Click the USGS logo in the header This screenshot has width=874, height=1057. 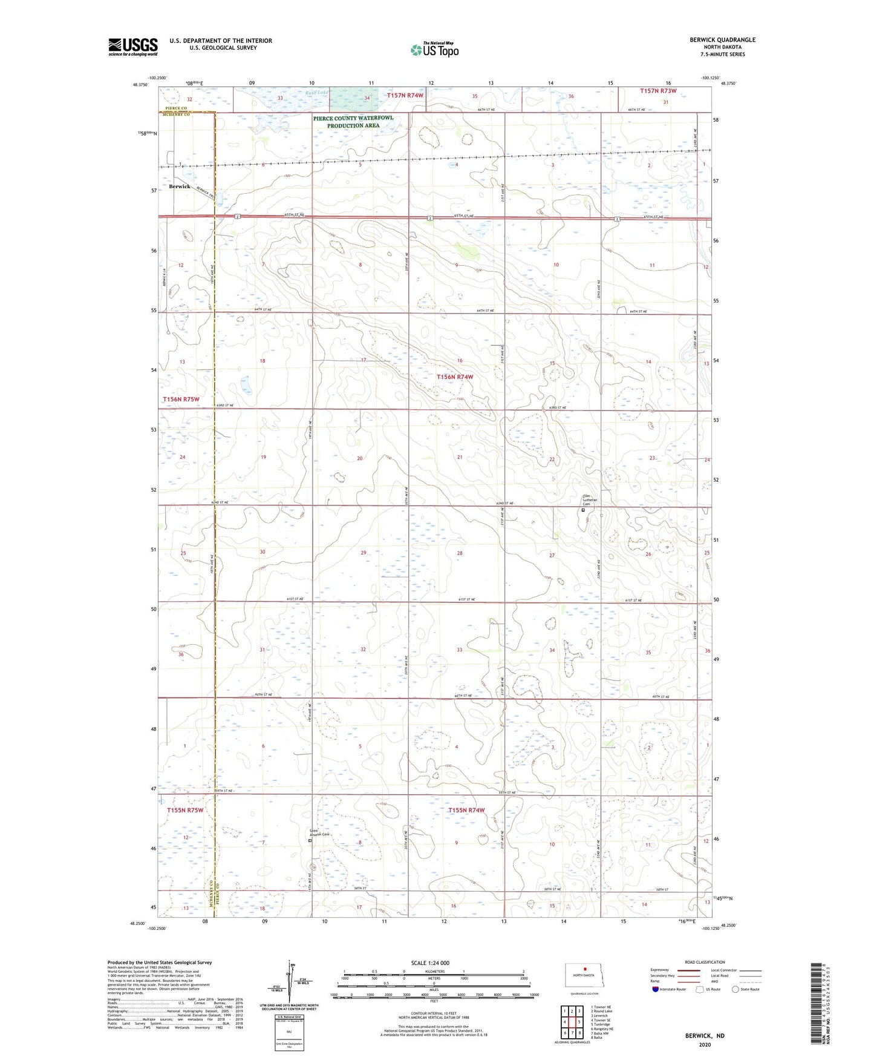[x=132, y=47]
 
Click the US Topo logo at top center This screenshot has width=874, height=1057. [x=434, y=50]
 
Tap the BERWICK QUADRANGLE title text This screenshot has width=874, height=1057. [x=722, y=40]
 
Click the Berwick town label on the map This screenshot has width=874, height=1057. [x=179, y=186]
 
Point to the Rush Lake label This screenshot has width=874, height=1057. [x=316, y=93]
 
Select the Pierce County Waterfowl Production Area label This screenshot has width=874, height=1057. [x=353, y=122]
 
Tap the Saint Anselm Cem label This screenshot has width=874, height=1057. [x=319, y=833]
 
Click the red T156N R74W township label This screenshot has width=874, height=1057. [x=455, y=377]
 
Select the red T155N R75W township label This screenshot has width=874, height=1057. [x=185, y=810]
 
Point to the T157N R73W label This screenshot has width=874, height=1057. [x=658, y=91]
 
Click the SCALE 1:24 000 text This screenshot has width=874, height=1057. [x=430, y=963]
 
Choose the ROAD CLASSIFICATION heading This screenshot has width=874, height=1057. [x=705, y=962]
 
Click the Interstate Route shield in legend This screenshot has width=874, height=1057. [x=656, y=989]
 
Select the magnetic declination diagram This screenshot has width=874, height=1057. [x=290, y=982]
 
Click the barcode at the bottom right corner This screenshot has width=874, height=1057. [x=817, y=1005]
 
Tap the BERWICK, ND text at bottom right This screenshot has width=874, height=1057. [x=705, y=1036]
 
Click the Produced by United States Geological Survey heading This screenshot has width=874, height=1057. [x=160, y=962]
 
